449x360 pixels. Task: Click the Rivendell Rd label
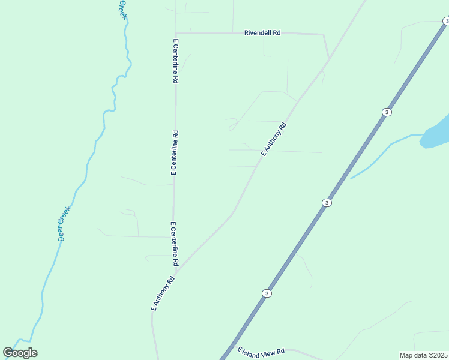262,33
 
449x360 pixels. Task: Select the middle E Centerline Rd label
175,152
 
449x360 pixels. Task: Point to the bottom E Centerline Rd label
174,244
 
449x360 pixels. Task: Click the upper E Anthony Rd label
274,140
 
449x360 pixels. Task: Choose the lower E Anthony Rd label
163,293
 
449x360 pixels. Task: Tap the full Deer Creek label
64,224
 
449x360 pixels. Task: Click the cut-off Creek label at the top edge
122,8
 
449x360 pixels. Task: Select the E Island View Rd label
260,353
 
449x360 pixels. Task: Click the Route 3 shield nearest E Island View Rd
267,293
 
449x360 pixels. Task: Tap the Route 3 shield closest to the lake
387,112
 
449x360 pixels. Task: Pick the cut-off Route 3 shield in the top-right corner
445,21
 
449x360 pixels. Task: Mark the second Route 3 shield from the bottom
326,203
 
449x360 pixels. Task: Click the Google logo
20,353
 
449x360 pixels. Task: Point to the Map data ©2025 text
423,355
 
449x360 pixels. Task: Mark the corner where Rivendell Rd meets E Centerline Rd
175,32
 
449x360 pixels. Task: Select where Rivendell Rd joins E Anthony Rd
328,59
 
